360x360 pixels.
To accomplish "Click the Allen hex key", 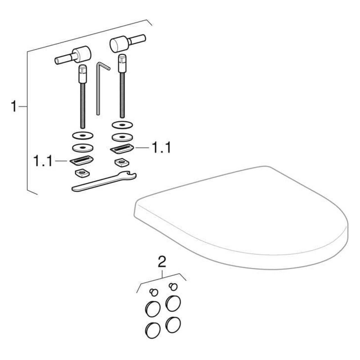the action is coord(98,90).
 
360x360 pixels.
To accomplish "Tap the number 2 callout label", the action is coord(162,262).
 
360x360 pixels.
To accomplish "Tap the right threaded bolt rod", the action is coord(122,86).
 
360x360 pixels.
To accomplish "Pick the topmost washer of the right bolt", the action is coord(122,125).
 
